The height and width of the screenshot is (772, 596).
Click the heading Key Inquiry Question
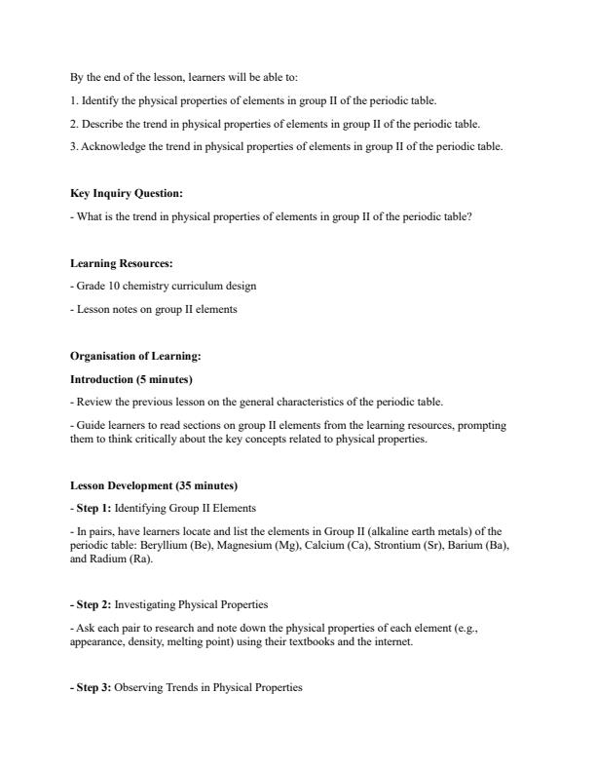[127, 193]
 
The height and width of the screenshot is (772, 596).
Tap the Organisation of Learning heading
[135, 357]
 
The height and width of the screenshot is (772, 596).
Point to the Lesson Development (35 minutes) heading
[154, 485]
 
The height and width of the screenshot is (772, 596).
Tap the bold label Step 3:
[92, 688]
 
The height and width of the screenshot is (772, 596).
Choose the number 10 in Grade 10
[108, 287]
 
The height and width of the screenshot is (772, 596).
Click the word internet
[393, 642]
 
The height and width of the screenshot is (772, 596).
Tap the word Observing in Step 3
[140, 688]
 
